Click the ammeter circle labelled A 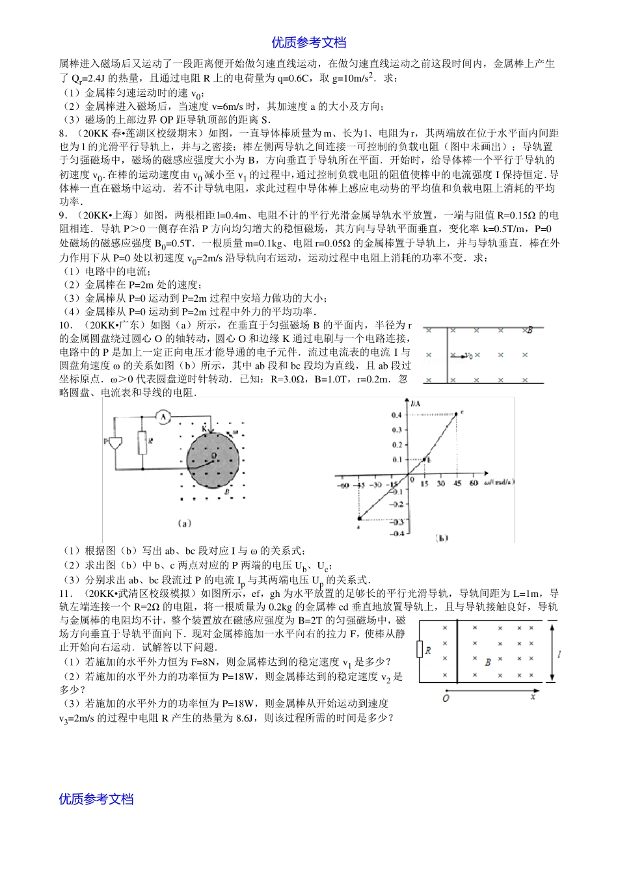(165, 417)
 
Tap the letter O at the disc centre (213, 457)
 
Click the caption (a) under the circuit (183, 522)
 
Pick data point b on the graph (424, 459)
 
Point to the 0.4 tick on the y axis (396, 415)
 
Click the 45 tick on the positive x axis (457, 484)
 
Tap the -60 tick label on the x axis (342, 484)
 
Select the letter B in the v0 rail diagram (530, 330)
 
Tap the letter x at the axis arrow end (533, 697)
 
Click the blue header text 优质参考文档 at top (309, 43)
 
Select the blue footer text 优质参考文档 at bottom (96, 799)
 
